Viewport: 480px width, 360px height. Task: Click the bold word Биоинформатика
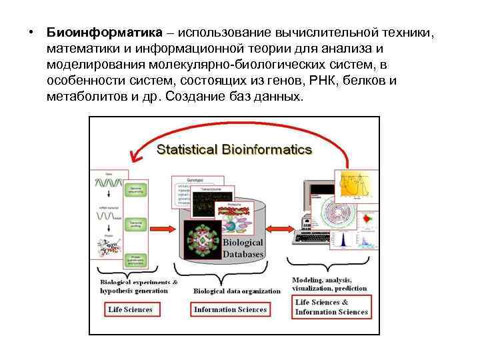[105, 33]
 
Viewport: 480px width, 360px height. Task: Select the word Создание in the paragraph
[193, 97]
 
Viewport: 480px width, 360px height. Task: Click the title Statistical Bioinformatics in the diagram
[234, 149]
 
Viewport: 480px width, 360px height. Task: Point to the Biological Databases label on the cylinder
[243, 248]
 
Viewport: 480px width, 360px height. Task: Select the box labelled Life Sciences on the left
[130, 309]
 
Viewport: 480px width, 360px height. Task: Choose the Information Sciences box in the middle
[230, 309]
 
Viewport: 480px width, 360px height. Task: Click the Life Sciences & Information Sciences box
[331, 307]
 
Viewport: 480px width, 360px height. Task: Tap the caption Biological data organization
[237, 291]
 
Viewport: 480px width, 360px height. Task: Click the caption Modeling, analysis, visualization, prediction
[329, 284]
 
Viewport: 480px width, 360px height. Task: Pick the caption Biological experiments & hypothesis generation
[139, 286]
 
